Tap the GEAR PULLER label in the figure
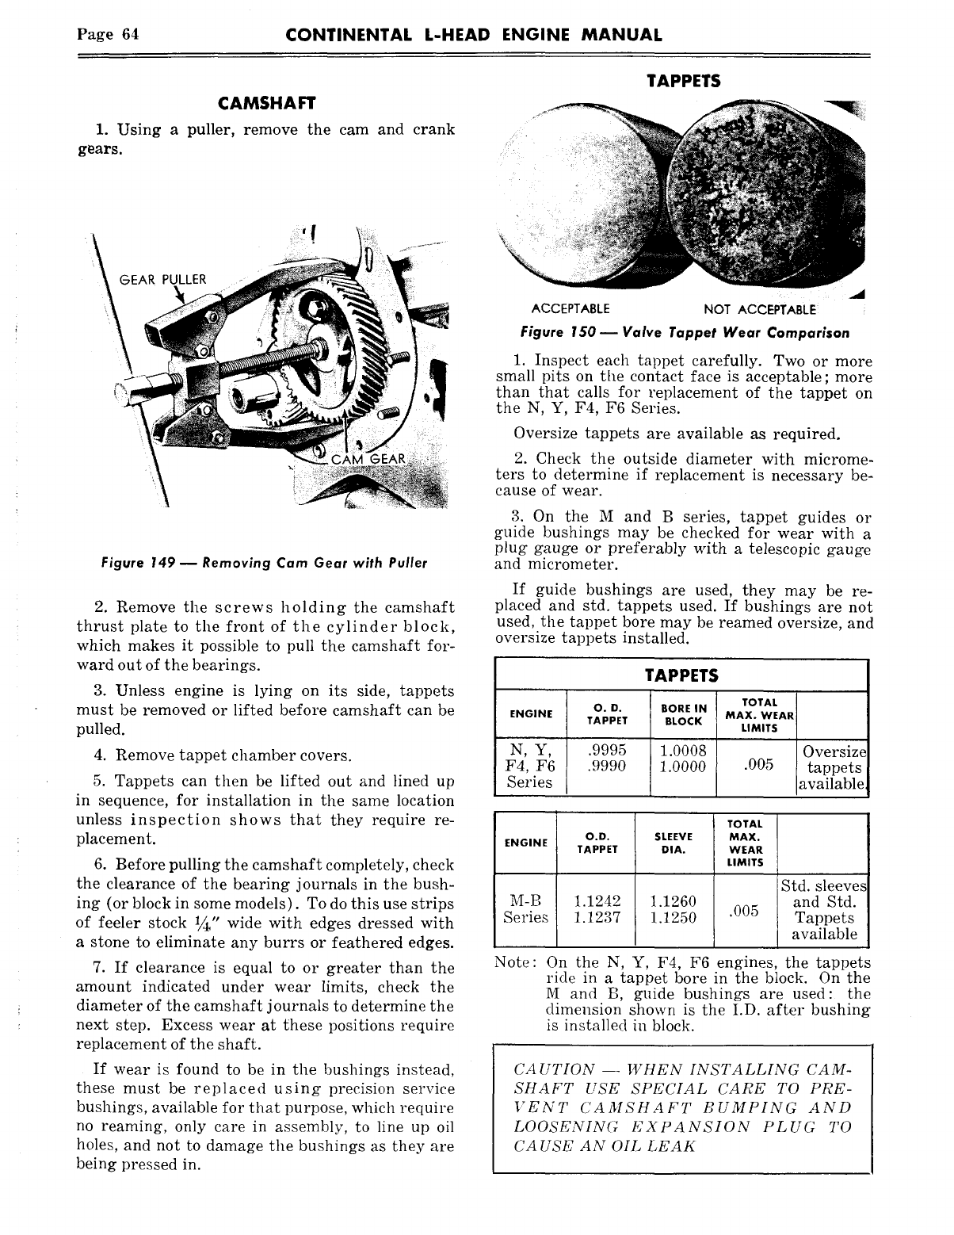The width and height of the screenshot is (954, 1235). coord(162,279)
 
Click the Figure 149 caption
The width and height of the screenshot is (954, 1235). coord(264,563)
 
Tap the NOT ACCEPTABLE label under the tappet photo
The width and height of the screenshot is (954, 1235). coord(759,308)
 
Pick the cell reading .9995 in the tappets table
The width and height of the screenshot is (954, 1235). coord(609,750)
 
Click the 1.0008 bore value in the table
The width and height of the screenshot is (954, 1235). coord(682,750)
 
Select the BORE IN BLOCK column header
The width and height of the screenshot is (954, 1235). coord(683,714)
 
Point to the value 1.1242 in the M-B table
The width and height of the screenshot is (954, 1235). coord(597,901)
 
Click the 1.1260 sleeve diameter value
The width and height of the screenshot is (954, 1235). coord(672,901)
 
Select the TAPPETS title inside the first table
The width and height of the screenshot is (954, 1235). coord(681,675)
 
